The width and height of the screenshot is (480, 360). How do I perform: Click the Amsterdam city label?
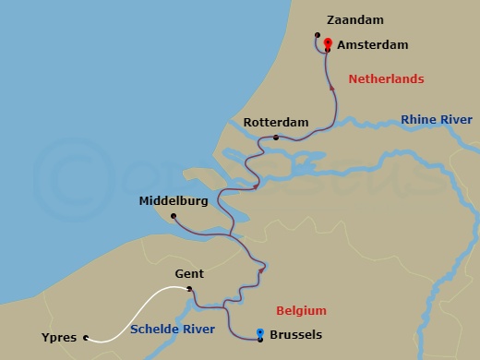tap(373, 44)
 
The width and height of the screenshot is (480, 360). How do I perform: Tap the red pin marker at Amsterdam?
tap(328, 42)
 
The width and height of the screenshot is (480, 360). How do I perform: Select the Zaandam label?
tap(355, 19)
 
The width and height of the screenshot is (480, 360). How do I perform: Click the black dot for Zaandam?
tap(317, 38)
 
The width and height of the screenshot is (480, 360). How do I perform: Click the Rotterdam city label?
tap(275, 122)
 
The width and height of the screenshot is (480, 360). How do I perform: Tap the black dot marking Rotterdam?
tap(276, 138)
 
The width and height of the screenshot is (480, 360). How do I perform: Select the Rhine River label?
tap(437, 120)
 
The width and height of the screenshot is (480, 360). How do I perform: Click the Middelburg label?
tap(173, 200)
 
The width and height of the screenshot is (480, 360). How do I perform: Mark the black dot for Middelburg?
tap(174, 216)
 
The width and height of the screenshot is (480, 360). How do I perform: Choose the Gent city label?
tap(188, 273)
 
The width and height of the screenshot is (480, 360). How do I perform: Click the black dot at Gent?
tap(189, 289)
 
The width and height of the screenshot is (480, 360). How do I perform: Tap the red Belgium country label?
tap(302, 310)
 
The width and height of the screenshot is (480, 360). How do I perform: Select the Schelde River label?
tap(173, 329)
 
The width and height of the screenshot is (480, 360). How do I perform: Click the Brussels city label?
tap(296, 335)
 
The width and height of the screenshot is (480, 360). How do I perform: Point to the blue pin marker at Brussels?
tap(260, 333)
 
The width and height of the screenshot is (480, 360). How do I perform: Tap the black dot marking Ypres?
tap(86, 338)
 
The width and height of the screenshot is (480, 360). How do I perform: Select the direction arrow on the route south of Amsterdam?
tap(332, 88)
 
